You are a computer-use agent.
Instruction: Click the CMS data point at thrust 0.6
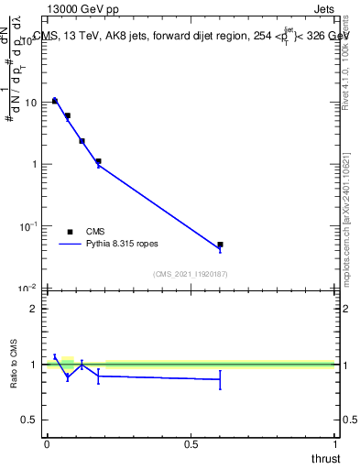click(220, 245)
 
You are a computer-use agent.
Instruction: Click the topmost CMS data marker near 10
click(55, 101)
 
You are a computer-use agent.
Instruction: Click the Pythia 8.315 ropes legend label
click(124, 245)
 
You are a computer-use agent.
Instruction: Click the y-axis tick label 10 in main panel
click(30, 103)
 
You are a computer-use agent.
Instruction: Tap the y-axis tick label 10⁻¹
click(28, 225)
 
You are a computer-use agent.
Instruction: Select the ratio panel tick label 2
click(33, 309)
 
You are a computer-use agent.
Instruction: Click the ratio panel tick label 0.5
click(29, 420)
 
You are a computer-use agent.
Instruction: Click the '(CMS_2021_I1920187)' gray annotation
click(191, 274)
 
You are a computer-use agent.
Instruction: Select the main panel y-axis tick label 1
click(34, 164)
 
